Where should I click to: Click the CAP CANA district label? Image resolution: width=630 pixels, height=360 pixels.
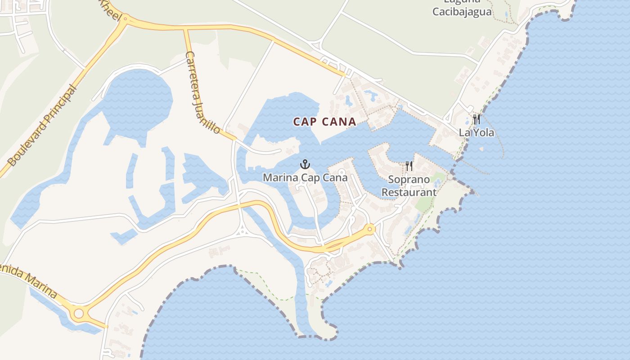324,121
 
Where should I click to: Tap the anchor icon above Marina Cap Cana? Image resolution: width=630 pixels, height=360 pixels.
305,165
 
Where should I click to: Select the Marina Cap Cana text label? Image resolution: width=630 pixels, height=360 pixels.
305,178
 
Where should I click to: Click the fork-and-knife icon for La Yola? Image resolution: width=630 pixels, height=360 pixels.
477,119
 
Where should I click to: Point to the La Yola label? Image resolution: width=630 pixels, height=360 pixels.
477,133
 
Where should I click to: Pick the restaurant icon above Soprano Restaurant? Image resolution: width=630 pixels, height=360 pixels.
409,166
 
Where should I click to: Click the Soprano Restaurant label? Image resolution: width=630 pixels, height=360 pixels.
409,186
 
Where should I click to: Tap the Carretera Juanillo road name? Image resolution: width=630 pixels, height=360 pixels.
203,92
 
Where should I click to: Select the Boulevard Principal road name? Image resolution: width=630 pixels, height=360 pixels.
42,126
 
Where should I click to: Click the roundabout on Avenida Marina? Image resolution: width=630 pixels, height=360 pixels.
79,313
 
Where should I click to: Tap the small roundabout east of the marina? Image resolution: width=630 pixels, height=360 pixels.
370,229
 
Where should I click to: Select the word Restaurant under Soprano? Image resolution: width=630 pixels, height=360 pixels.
409,192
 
